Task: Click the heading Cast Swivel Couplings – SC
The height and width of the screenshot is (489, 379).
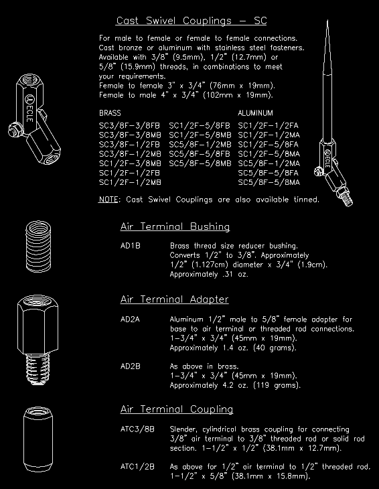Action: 191,21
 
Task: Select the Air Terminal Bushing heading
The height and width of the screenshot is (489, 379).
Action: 175,226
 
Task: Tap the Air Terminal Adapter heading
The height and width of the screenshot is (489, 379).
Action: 174,299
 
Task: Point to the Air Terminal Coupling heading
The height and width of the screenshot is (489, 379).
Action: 176,409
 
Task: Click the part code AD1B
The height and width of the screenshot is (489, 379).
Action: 130,246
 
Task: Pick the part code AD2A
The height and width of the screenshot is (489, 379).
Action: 130,320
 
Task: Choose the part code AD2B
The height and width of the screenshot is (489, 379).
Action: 130,366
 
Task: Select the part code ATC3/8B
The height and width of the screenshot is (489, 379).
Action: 137,429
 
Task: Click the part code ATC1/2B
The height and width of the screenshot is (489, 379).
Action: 137,466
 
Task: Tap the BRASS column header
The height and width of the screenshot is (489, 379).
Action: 110,113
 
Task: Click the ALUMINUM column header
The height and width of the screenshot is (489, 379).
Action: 255,113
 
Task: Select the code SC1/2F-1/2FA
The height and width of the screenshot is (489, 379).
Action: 269,125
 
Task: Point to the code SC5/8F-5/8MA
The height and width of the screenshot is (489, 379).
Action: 269,182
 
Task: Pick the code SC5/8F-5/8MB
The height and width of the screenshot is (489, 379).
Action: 200,163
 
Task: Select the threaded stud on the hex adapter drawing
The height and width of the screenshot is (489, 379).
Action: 36,368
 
